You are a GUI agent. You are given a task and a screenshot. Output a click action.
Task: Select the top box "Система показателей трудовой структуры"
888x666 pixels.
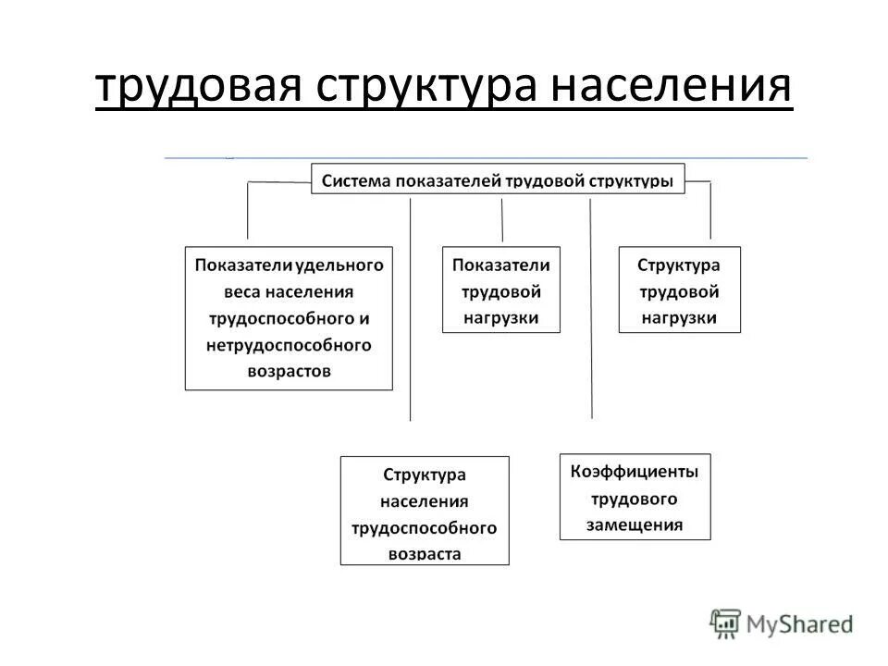(x=498, y=179)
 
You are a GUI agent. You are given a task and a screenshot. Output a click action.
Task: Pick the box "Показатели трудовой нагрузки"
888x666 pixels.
(x=501, y=290)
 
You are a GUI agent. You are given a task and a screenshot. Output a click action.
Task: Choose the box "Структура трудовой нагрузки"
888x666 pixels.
(x=679, y=290)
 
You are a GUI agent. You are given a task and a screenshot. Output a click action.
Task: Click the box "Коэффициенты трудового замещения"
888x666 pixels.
(x=635, y=497)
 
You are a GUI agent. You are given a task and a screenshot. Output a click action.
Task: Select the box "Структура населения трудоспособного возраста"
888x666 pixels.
(x=424, y=511)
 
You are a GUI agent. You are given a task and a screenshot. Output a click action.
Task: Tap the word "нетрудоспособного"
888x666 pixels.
(x=290, y=345)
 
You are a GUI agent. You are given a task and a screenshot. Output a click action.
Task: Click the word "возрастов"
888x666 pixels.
(x=290, y=371)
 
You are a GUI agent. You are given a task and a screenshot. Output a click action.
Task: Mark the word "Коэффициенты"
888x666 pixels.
(x=635, y=472)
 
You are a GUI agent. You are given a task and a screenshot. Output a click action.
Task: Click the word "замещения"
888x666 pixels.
(x=635, y=524)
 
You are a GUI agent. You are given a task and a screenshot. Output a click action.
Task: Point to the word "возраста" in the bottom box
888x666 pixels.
(x=424, y=554)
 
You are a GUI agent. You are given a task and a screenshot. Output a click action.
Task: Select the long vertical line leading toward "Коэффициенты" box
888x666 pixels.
(x=591, y=305)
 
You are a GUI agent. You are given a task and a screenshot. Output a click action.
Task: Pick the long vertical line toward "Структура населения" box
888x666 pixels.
(x=411, y=305)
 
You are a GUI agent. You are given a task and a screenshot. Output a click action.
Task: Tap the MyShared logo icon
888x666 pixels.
(x=725, y=623)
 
